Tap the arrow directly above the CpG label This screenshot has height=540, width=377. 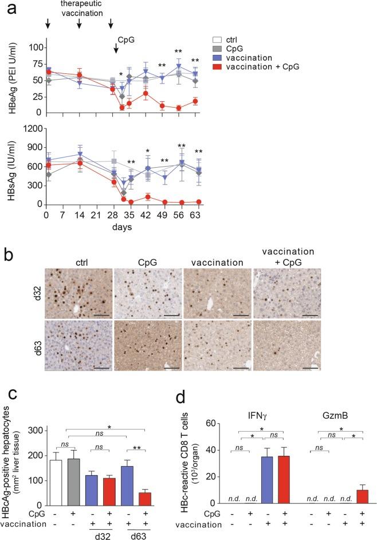tap(116, 49)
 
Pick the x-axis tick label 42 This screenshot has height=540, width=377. tap(146, 216)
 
